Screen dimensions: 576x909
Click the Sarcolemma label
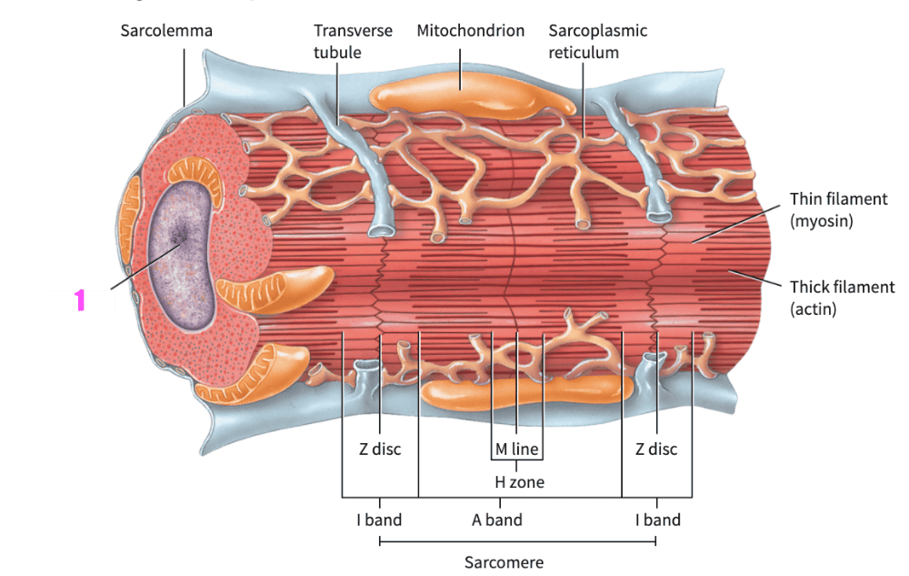coord(166,31)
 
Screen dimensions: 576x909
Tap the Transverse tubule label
coord(353,41)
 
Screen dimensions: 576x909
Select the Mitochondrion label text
coord(470,31)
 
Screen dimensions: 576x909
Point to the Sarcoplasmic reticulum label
coord(597,41)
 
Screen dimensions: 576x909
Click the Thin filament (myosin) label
coord(838,209)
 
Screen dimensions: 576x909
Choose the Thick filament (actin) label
coord(842,298)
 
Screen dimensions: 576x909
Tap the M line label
coord(516,449)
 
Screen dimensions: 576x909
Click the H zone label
coord(519,482)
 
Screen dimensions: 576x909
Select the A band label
coord(496,520)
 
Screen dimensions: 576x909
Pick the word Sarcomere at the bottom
coord(504,562)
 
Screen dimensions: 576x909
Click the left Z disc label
coord(378,449)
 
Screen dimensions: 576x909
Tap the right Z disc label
coord(655,449)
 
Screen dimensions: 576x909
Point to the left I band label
coord(378,520)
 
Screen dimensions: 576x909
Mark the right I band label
coord(657,520)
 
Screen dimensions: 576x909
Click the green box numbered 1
coord(80,300)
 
